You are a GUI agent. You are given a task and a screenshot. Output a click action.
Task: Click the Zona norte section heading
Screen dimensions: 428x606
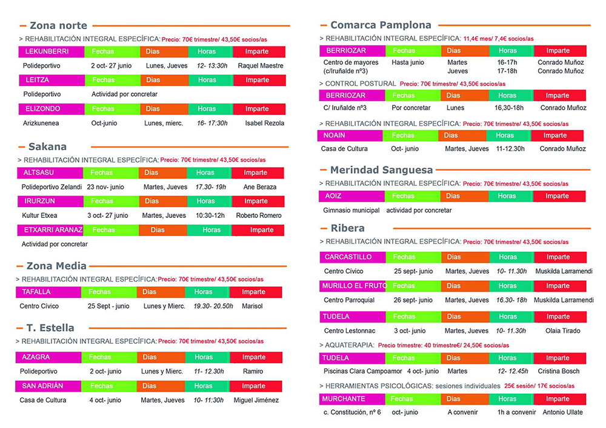[x=58, y=25]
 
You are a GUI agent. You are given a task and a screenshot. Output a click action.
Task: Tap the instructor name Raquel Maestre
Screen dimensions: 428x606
[x=261, y=65]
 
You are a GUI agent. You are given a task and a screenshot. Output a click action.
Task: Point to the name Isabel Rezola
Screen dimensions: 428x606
[x=264, y=123]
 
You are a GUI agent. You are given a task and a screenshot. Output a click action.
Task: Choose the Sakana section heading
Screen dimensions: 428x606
[x=47, y=147]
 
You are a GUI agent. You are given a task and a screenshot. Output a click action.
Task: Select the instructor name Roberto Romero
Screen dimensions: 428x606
[x=259, y=216]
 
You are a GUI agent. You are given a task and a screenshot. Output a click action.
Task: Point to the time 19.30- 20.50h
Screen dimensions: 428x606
[x=213, y=306]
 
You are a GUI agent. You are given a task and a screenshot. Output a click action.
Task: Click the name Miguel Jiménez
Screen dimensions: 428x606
[x=256, y=400]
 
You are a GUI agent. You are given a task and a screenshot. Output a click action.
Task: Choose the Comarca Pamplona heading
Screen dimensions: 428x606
[x=381, y=25]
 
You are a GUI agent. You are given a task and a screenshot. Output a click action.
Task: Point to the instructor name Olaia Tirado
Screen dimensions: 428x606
[x=563, y=331]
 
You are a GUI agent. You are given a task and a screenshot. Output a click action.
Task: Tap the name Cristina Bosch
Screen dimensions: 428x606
[x=558, y=372]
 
